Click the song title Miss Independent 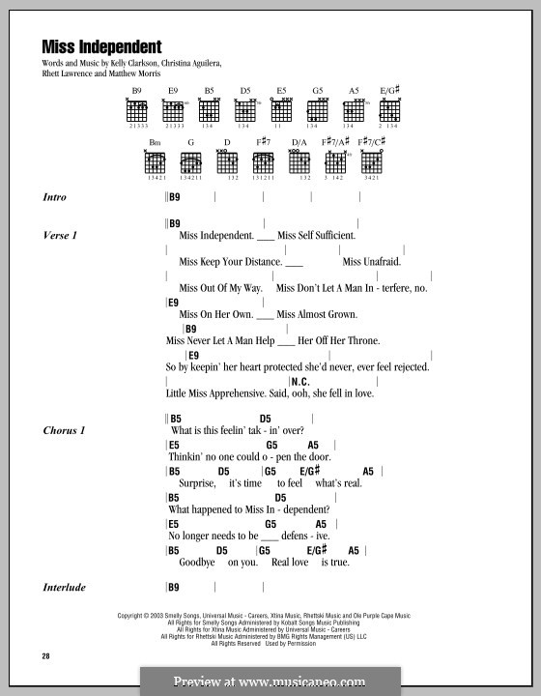click(101, 45)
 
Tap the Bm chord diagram click(156, 160)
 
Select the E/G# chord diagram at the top click(389, 109)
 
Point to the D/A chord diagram click(300, 160)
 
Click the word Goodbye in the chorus click(199, 562)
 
